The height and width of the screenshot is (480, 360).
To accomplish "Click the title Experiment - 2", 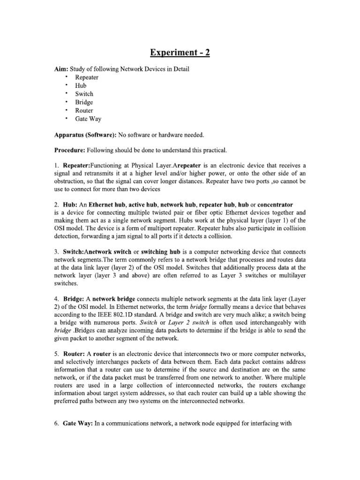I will click(x=180, y=52).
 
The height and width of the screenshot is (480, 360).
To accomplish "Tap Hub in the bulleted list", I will click(x=81, y=86).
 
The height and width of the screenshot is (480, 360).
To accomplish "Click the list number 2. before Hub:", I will click(x=56, y=204).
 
